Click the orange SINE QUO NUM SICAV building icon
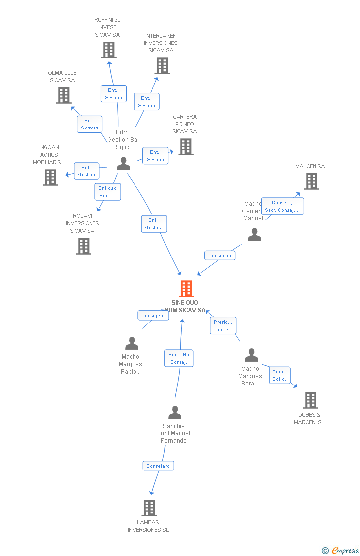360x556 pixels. tap(186, 289)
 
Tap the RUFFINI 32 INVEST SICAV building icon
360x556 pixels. tap(109, 50)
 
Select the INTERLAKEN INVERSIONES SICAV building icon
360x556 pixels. tap(162, 66)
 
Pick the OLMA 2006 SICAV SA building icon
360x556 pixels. tap(64, 95)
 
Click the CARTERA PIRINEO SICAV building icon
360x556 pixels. tap(186, 147)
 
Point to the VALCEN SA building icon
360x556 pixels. tap(312, 181)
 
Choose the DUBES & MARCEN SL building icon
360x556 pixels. tap(310, 400)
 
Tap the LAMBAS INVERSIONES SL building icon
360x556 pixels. tap(149, 508)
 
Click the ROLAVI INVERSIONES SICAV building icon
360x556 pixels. tap(84, 246)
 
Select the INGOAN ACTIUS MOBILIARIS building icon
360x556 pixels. tap(50, 177)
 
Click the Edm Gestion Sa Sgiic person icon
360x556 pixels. tap(123, 164)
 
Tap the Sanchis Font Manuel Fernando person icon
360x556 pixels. tap(175, 412)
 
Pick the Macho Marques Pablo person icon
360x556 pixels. tap(132, 343)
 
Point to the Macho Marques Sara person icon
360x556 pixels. tap(251, 355)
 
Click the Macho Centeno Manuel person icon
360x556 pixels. tap(254, 235)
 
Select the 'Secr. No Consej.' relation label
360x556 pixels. tap(179, 358)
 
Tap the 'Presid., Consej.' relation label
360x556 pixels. tap(223, 326)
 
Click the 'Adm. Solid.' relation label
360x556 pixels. tap(279, 375)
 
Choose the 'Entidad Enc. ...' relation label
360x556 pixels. tap(108, 192)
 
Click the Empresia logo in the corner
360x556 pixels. tap(341, 550)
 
